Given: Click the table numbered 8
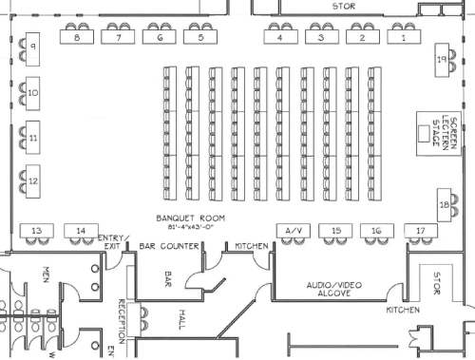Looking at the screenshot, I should [75, 39].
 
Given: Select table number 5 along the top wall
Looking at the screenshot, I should [199, 39].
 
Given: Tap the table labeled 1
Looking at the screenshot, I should [404, 39].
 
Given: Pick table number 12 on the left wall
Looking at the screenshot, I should [32, 180].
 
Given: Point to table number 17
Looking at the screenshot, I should [419, 231].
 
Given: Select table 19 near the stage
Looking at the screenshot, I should [441, 61].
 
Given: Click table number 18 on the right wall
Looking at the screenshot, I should [443, 204].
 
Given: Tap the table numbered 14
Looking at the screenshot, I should [82, 231].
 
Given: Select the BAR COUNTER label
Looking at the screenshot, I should [168, 246].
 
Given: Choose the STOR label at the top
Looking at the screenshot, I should [342, 6].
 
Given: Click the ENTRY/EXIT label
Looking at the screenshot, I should [111, 242].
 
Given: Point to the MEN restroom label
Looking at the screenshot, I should [45, 275].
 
